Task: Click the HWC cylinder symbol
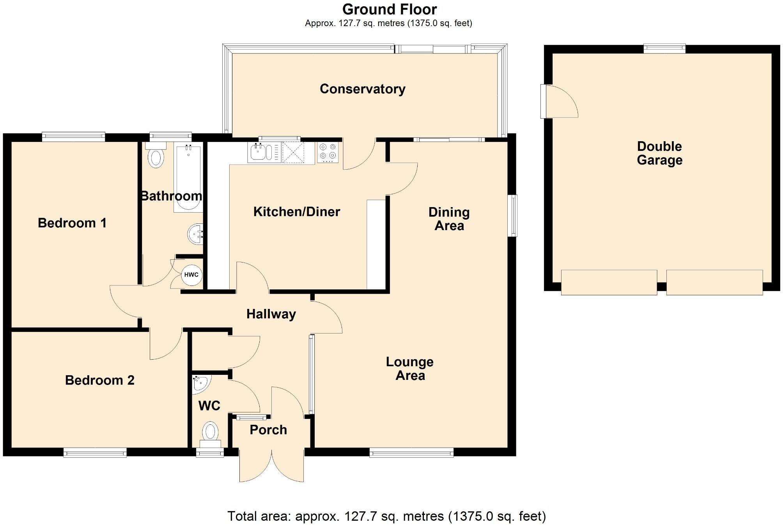pyautogui.click(x=191, y=275)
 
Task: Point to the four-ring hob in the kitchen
pyautogui.click(x=328, y=153)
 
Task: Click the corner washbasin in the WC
pyautogui.click(x=200, y=383)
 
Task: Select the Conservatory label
pyautogui.click(x=362, y=89)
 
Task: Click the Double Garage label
pyautogui.click(x=659, y=153)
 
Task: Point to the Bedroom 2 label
pyautogui.click(x=99, y=380)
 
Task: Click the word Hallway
pyautogui.click(x=271, y=314)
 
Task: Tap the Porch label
pyautogui.click(x=268, y=430)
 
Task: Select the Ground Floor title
pyautogui.click(x=389, y=9)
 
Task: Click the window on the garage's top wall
pyautogui.click(x=664, y=49)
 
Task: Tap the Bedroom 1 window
pyautogui.click(x=73, y=137)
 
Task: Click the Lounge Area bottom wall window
pyautogui.click(x=411, y=452)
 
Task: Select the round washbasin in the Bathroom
pyautogui.click(x=195, y=234)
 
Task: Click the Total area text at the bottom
pyautogui.click(x=386, y=516)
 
